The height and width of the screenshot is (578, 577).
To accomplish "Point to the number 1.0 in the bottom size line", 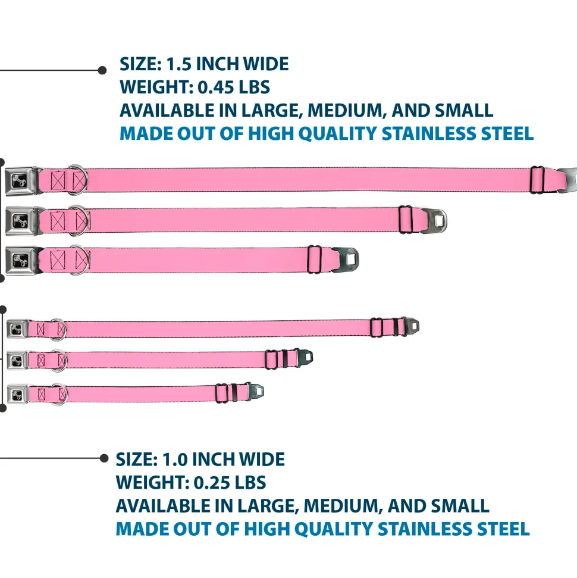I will [x=173, y=460].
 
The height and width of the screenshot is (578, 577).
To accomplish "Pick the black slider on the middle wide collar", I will [x=406, y=220].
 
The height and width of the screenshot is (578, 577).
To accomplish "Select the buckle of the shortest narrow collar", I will [x=18, y=393].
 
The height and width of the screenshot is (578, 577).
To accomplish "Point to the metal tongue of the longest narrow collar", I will [x=413, y=326].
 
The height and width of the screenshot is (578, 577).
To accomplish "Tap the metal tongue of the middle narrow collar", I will [x=307, y=358].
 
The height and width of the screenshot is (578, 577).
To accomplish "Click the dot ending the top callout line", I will [x=102, y=70].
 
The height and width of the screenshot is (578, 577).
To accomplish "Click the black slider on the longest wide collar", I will [x=537, y=179].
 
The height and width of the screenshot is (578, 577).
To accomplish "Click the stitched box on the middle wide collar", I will [x=58, y=220].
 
